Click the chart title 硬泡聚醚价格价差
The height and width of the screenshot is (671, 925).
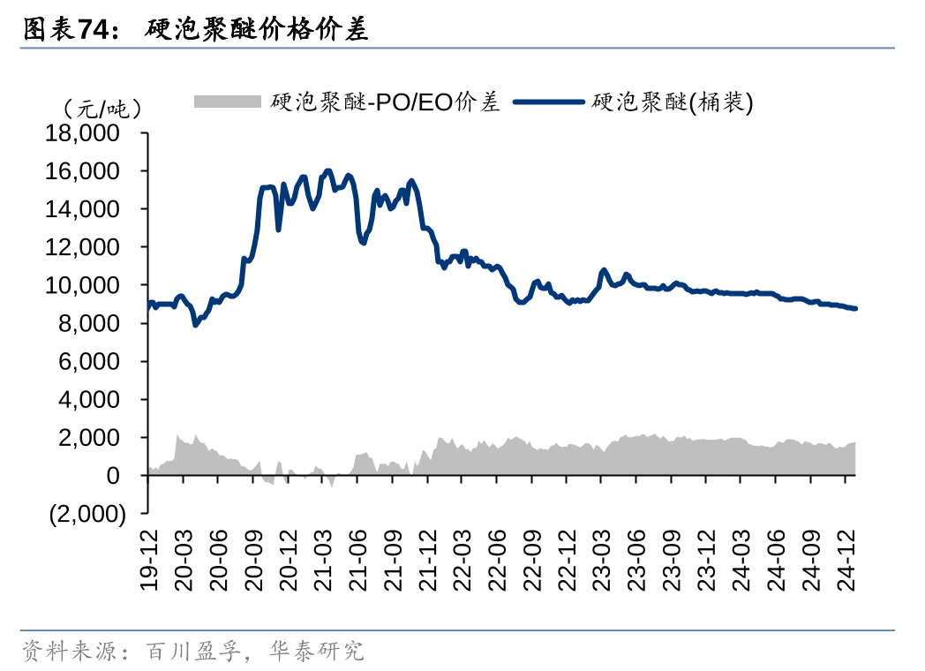257,30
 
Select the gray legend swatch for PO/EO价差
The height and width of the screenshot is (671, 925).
228,102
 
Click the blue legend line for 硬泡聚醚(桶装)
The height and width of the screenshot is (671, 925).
547,102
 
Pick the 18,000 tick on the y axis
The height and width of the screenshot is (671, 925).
86,133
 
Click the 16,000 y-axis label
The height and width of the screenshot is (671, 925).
86,171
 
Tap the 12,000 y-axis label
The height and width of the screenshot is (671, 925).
86,247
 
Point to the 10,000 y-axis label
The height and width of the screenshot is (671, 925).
86,285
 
